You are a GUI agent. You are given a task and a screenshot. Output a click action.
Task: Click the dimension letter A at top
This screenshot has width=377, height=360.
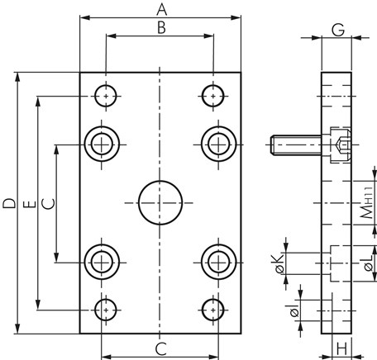(162, 10)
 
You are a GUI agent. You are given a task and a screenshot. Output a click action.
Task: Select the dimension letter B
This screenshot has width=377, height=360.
(161, 28)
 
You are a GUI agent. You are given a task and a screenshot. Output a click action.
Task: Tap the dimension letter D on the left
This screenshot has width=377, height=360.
(9, 203)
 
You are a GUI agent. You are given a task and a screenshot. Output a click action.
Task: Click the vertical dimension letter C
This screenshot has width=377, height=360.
(49, 204)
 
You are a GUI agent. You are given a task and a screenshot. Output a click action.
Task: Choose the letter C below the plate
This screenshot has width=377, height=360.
(161, 349)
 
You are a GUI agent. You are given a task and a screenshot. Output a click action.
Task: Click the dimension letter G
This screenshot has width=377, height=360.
(338, 30)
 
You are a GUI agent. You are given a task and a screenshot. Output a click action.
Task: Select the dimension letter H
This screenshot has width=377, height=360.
(342, 349)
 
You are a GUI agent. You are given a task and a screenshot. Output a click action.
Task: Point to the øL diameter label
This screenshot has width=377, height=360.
(369, 263)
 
